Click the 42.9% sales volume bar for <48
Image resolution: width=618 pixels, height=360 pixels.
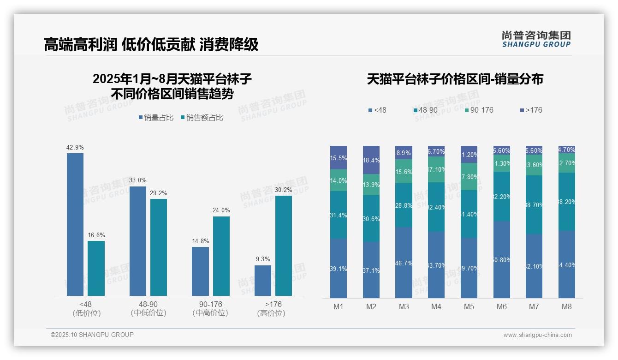pyautogui.click(x=75, y=224)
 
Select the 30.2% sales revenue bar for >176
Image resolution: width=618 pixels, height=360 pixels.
pyautogui.click(x=284, y=246)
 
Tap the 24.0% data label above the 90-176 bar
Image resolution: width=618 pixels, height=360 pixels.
pyautogui.click(x=221, y=210)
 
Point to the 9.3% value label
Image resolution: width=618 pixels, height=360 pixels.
pyautogui.click(x=263, y=259)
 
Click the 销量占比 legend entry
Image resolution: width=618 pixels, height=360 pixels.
pyautogui.click(x=155, y=118)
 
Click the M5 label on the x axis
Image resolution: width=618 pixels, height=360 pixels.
pyautogui.click(x=469, y=306)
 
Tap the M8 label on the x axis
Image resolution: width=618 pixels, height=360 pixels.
pyautogui.click(x=567, y=306)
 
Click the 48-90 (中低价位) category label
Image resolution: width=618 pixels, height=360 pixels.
pyautogui.click(x=148, y=308)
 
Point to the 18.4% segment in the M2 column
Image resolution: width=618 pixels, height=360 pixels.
pyautogui.click(x=371, y=160)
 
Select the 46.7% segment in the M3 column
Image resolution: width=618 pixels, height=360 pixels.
pyautogui.click(x=404, y=262)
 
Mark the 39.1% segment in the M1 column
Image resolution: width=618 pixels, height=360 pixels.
pyautogui.click(x=339, y=268)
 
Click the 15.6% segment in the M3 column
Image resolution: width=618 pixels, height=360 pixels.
pyautogui.click(x=404, y=171)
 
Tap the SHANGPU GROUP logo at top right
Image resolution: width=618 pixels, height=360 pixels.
pyautogui.click(x=536, y=39)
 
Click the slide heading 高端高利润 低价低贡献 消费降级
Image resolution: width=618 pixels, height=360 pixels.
pyautogui.click(x=151, y=44)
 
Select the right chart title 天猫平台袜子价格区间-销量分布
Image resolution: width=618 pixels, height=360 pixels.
pyautogui.click(x=455, y=79)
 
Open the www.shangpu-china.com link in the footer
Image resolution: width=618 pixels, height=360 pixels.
pyautogui.click(x=537, y=335)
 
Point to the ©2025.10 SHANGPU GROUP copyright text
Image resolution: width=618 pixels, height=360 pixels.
pyautogui.click(x=92, y=335)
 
